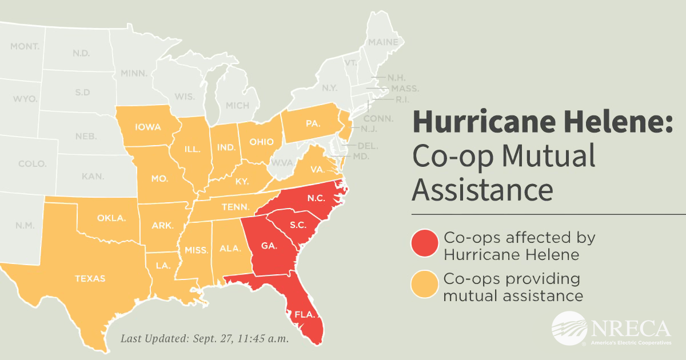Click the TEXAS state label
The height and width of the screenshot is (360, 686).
pos(90,279)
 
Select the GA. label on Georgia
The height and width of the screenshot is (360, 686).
pos(269,246)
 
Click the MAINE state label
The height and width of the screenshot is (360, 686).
pos(382,42)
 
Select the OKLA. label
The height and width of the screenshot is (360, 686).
pos(108,218)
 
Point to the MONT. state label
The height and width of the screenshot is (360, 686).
pos(25,46)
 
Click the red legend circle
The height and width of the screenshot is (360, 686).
pos(425,245)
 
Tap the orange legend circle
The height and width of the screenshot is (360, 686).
pos(425,286)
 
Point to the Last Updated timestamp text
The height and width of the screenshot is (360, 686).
pos(204,338)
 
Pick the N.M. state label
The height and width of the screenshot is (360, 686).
pos(25,226)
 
